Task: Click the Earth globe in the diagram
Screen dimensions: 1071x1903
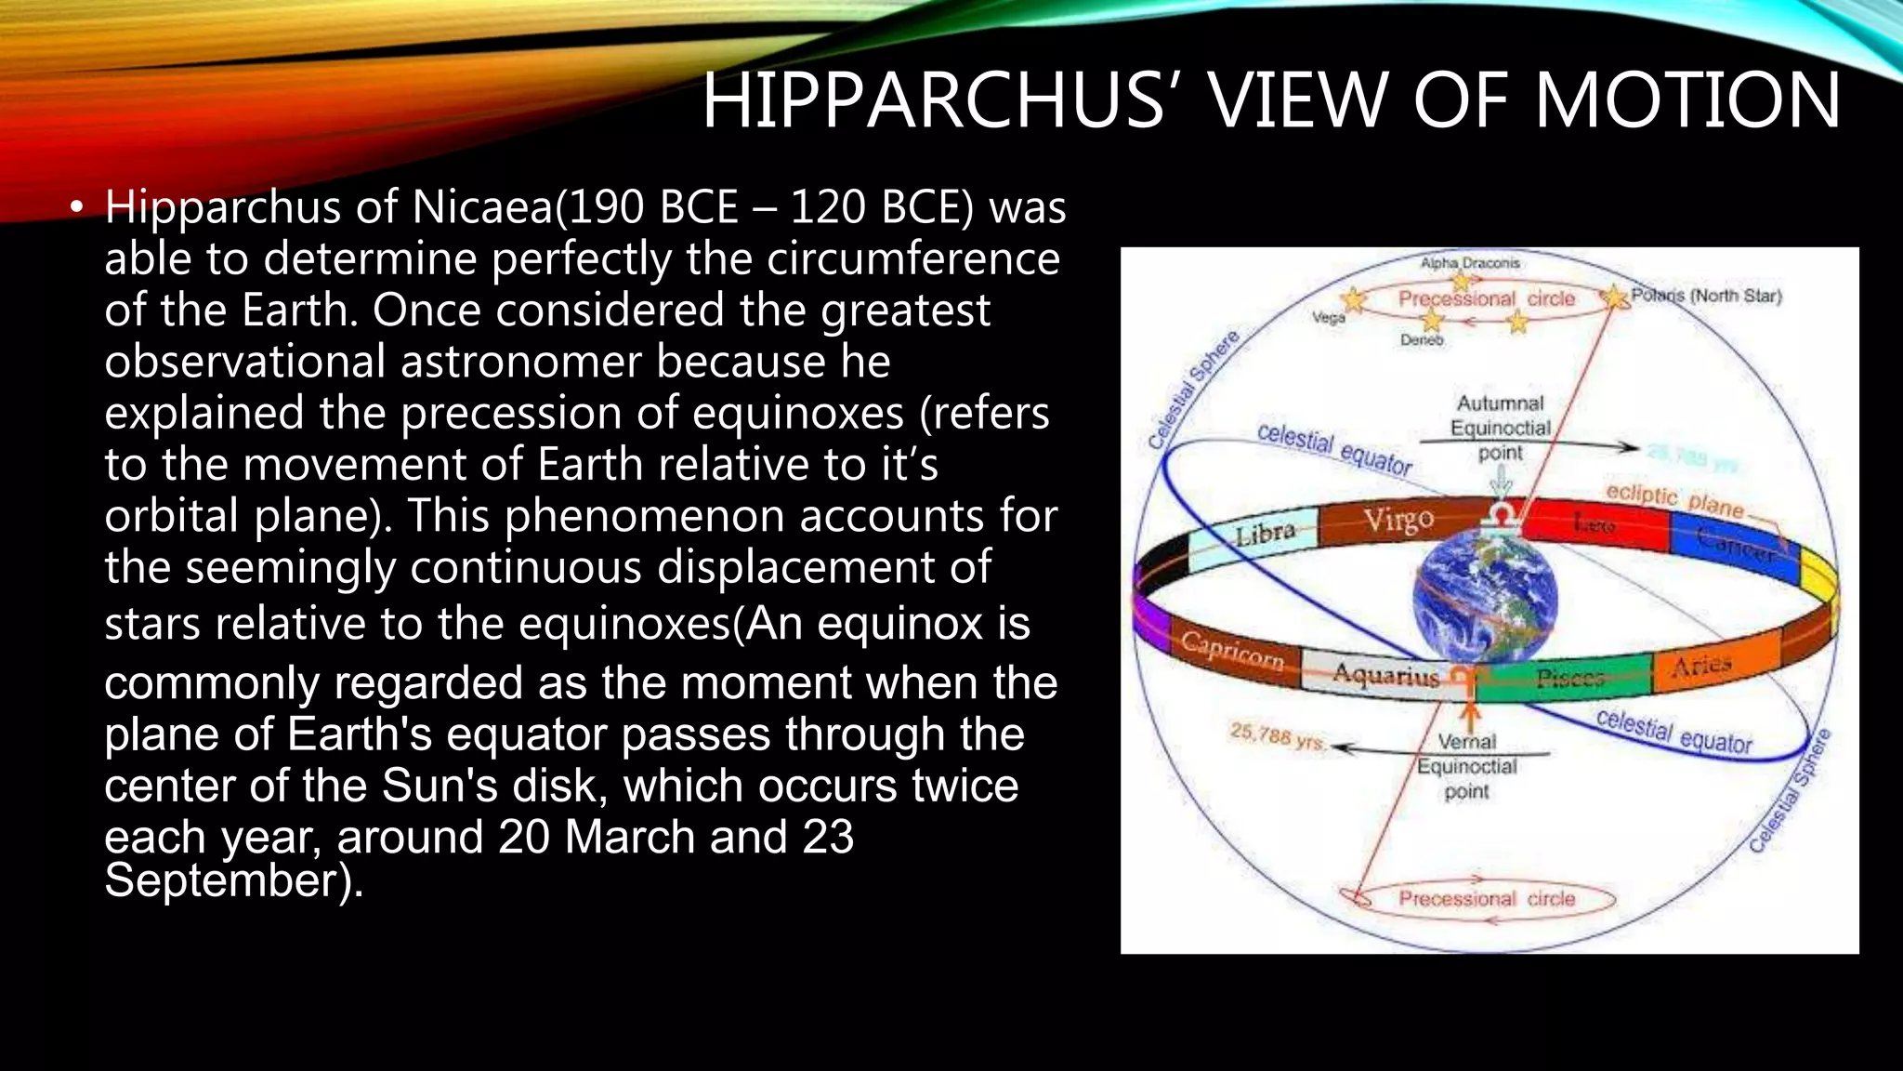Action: click(x=1484, y=595)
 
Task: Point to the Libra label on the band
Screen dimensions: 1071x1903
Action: click(x=1265, y=535)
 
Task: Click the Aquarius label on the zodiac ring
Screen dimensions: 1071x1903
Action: click(x=1385, y=674)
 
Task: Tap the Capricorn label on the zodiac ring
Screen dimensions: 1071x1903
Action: click(x=1232, y=650)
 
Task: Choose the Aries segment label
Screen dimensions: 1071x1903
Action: click(x=1701, y=665)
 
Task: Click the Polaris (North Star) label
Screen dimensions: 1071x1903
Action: click(x=1706, y=296)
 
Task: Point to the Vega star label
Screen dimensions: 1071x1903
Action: click(x=1328, y=318)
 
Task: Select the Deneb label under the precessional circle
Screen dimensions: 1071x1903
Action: click(x=1422, y=340)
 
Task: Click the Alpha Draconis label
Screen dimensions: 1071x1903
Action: click(x=1469, y=263)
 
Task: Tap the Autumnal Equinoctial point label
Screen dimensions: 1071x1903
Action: click(x=1500, y=428)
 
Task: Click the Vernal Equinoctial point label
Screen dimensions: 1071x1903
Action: click(x=1467, y=766)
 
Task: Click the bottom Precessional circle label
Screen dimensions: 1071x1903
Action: click(x=1487, y=898)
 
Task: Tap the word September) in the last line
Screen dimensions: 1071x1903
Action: click(x=232, y=879)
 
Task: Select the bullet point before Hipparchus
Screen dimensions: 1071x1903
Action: click(x=77, y=207)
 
